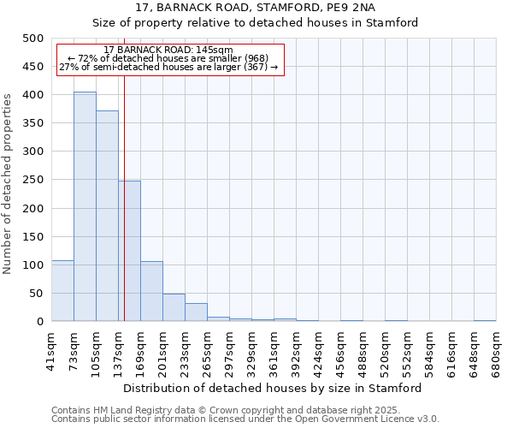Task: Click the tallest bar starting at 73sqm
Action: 85,206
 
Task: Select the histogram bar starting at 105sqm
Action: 107,216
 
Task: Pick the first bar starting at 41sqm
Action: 62,291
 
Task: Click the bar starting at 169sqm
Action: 151,291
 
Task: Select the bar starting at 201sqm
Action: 174,307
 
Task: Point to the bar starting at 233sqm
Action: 196,312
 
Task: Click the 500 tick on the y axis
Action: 32,39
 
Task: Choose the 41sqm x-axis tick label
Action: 52,348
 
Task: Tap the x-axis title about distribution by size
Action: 273,388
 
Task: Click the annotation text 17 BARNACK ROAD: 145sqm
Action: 168,51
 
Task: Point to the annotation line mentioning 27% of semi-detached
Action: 168,67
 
